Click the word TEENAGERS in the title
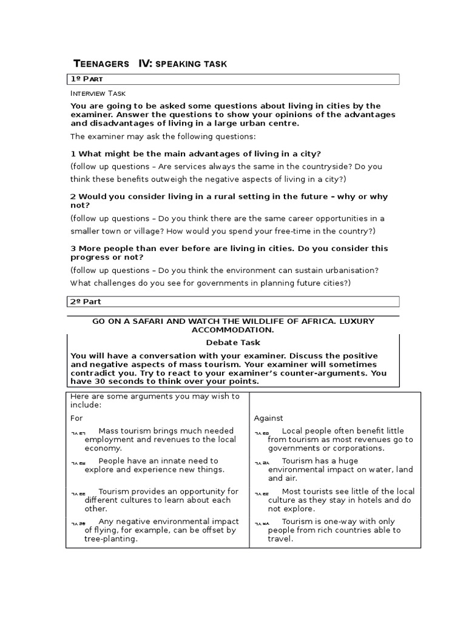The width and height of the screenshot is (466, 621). coord(101,64)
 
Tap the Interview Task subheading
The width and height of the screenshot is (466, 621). coord(98,93)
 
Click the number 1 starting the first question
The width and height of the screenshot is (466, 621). coord(73,153)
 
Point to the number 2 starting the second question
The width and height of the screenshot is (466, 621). coord(73,196)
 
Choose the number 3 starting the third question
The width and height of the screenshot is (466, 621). coord(73,248)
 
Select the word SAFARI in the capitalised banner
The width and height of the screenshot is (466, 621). coord(146,321)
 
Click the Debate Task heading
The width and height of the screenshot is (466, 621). coord(233,343)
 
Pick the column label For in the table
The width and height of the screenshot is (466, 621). coord(76,418)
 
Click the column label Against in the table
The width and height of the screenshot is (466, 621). coord(268,418)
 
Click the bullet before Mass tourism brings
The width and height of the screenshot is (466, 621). coord(78,433)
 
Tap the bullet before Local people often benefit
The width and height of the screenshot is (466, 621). coord(262,433)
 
